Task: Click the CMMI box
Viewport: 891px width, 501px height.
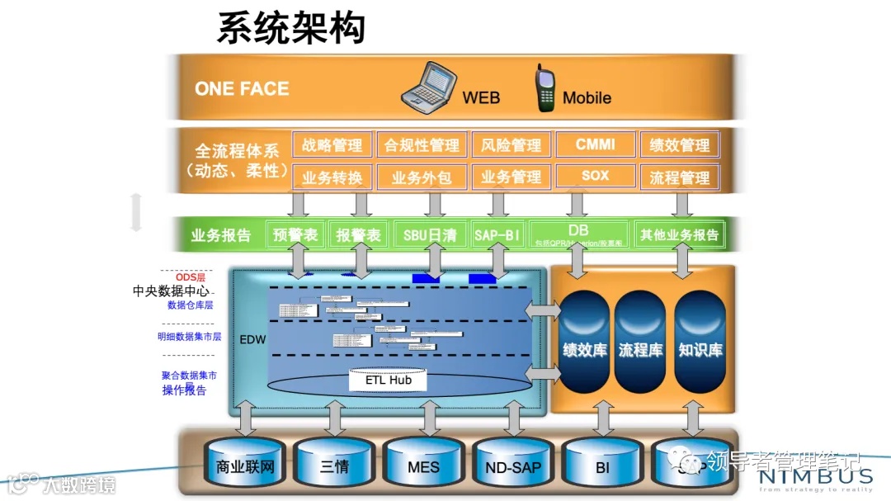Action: pos(595,144)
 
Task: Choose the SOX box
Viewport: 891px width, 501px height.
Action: pos(595,176)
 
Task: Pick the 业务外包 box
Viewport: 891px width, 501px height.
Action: pos(422,177)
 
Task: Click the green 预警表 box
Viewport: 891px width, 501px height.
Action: pos(295,234)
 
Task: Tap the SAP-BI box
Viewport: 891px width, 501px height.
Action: pos(498,234)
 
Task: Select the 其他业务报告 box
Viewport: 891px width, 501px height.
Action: pos(679,234)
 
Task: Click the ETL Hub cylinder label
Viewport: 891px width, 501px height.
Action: pos(389,380)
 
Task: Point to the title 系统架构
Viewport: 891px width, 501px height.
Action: pos(290,28)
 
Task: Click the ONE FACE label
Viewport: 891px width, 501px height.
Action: pos(242,89)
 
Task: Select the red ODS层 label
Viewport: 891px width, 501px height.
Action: pos(190,277)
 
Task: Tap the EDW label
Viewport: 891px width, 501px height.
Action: pos(252,339)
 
